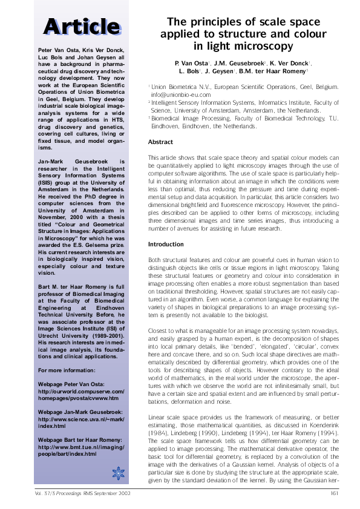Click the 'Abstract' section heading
[x=160, y=142]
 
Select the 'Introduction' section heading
[x=166, y=244]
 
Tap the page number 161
[x=334, y=493]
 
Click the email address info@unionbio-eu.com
[x=181, y=95]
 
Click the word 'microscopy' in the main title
[x=258, y=45]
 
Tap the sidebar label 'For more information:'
[x=65, y=370]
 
